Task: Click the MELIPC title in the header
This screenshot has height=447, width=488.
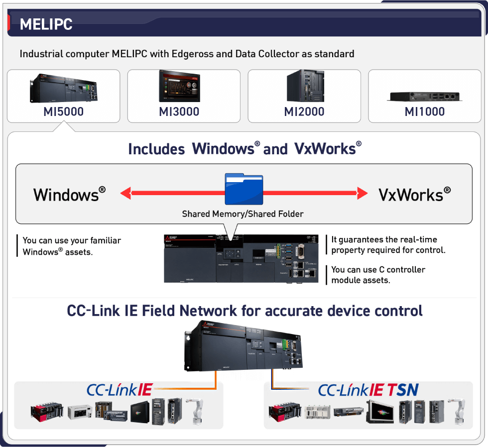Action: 46,24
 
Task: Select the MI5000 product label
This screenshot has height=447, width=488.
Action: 63,112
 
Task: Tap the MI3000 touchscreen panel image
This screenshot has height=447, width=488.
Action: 184,86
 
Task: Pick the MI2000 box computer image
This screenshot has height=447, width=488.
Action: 304,86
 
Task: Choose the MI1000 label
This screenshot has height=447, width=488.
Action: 424,112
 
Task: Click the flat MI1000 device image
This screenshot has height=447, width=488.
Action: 424,95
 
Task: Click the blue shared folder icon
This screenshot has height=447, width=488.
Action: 244,189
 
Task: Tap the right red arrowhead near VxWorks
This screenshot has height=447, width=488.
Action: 362,193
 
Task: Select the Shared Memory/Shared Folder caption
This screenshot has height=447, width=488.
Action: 243,214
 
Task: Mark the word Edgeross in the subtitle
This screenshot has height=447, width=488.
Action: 193,54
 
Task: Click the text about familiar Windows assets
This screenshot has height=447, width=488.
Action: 72,246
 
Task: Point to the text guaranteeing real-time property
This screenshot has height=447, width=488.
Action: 388,244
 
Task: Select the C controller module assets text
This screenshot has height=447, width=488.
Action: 378,274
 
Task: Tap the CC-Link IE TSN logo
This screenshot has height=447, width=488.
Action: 368,390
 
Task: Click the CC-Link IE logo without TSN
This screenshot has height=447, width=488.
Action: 119,390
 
